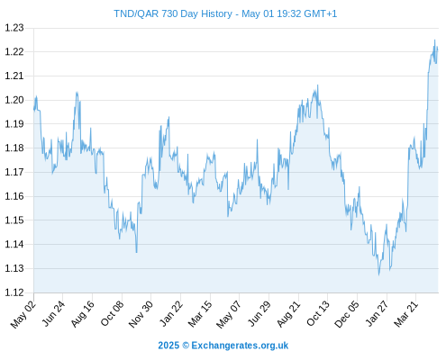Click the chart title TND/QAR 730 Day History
pos(173,13)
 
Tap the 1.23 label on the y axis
pos(14,28)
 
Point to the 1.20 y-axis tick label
pos(14,100)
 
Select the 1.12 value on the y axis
pos(14,292)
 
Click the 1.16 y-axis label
pos(14,196)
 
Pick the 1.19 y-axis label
pos(14,124)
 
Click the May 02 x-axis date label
pos(23,314)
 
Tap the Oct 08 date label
pos(112,313)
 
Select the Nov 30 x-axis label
pos(141,314)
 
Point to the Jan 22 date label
pos(171,313)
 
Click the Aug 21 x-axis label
pos(288,313)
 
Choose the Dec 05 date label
pos(347,314)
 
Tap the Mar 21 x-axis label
pos(406,313)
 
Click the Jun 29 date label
pos(259,313)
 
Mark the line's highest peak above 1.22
pos(434,40)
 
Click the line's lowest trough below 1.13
pos(379,274)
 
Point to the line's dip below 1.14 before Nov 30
pos(136,252)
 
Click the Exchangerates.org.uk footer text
pos(240,346)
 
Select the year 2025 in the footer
pos(168,346)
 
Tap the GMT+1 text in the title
pos(321,13)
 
